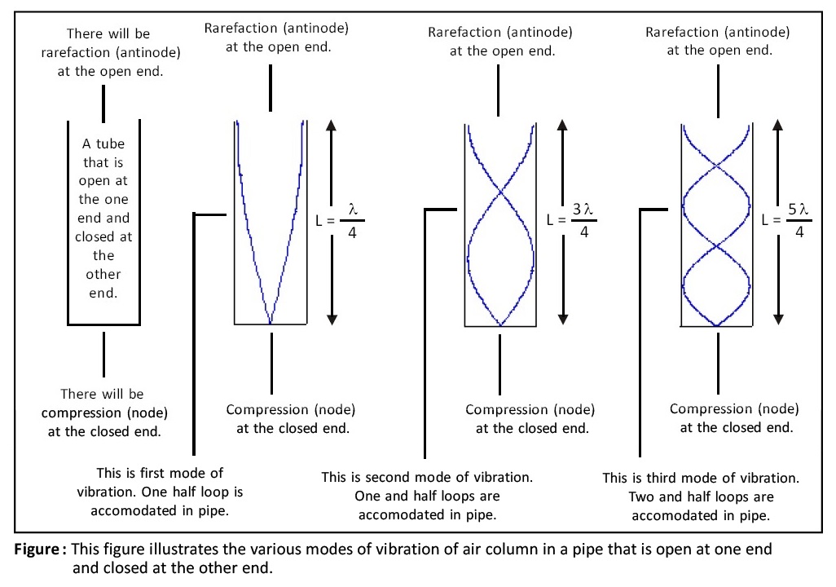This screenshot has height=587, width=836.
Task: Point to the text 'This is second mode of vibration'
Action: coord(427,477)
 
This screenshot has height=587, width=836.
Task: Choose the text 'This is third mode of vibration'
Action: coord(701,478)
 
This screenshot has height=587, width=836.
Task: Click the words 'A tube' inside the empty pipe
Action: coord(103,143)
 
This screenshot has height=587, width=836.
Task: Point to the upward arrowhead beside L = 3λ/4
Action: coord(562,125)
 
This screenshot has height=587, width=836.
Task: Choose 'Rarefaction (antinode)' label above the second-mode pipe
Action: coord(500,32)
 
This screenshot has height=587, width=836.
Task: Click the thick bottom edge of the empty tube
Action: coord(103,325)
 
